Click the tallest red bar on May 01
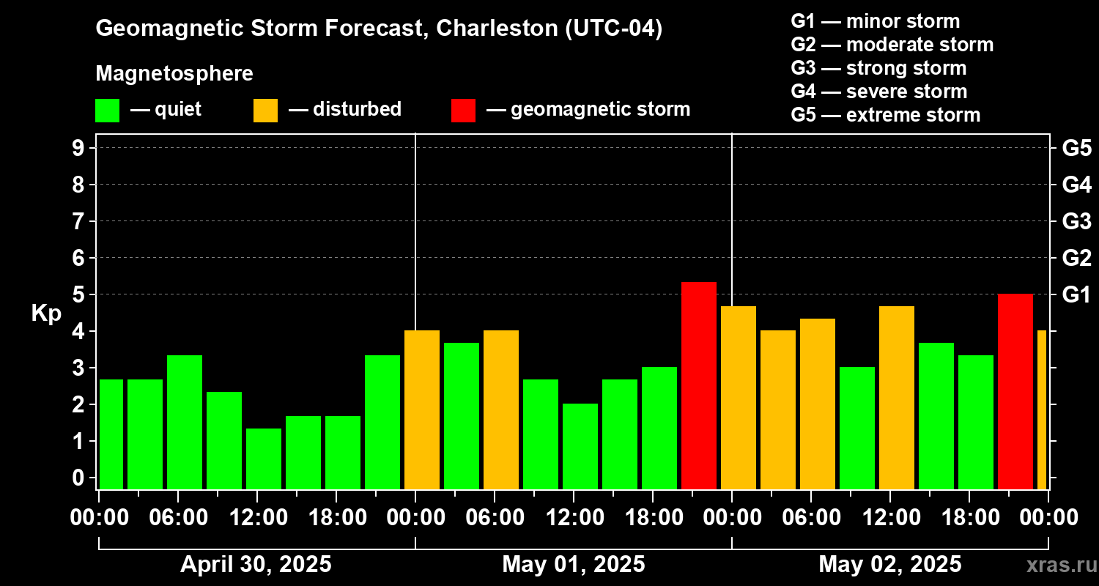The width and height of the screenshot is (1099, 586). point(698,385)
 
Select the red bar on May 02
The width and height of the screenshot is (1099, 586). point(1015,391)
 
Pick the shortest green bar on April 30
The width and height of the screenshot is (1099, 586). point(264,459)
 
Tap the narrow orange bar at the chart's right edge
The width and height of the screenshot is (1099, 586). point(1041,409)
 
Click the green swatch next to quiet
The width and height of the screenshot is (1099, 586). point(107,111)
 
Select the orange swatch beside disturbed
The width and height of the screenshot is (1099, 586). point(265,111)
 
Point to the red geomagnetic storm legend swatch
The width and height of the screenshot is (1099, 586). point(463,111)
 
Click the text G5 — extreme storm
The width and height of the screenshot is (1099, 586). point(885,115)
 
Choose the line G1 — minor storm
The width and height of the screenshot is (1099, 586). point(875,21)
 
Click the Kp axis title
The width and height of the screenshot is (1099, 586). point(46,314)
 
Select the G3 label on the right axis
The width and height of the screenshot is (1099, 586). point(1076,221)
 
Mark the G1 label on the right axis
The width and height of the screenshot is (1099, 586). point(1076,294)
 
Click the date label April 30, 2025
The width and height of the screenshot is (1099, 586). point(256,564)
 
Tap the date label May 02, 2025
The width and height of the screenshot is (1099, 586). point(889,564)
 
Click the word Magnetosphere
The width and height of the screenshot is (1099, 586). point(174,74)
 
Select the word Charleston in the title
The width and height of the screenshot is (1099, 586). point(497,29)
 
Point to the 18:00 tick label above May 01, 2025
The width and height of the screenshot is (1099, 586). point(653,517)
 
